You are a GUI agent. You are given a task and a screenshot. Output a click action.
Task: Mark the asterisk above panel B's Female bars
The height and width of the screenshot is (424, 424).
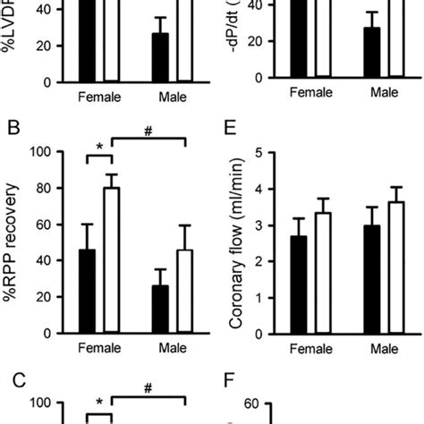click(99, 143)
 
